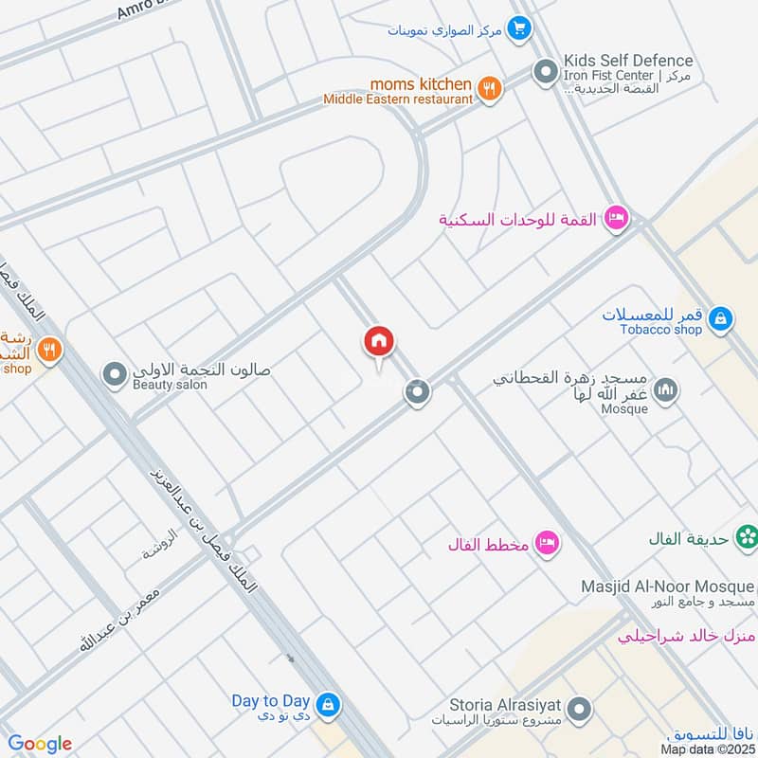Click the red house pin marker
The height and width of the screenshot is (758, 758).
379,342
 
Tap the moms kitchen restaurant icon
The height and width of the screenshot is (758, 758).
489,89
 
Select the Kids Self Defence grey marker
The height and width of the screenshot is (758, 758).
545,71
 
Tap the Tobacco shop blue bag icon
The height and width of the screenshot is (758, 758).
721,319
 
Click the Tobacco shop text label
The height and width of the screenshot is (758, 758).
661,330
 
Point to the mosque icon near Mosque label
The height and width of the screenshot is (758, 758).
667,389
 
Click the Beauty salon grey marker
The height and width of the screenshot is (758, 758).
116,376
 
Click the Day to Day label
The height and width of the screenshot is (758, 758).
271,701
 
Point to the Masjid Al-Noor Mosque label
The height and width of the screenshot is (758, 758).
668,587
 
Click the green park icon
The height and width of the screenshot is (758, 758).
749,537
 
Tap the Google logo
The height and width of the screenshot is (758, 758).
40,744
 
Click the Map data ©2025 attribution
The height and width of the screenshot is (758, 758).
708,749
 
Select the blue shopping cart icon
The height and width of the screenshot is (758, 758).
517,28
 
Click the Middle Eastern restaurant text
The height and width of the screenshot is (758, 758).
398,99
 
